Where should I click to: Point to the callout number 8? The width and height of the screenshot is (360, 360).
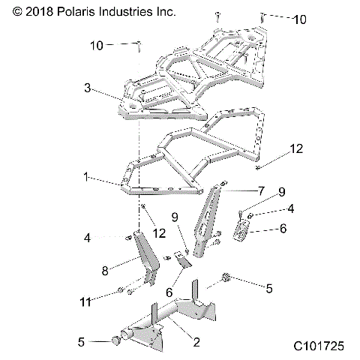(104, 268)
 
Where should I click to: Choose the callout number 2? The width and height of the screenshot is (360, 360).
(196, 343)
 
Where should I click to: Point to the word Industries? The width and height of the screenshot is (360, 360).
(132, 12)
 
